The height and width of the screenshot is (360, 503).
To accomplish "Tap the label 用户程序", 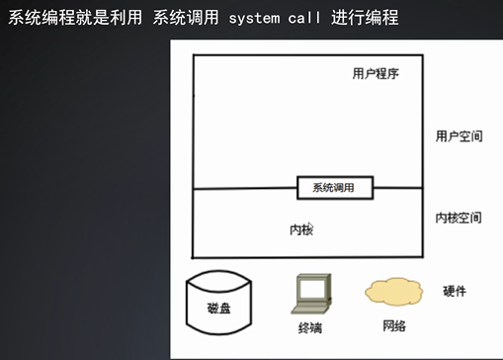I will (x=375, y=73).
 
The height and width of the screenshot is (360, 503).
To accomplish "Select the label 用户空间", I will (x=459, y=135).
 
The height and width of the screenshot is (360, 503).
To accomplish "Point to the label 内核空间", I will (x=459, y=216).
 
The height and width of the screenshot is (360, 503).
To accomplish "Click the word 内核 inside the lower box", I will (x=301, y=228).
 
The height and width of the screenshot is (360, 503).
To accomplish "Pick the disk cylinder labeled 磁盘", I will (x=219, y=304).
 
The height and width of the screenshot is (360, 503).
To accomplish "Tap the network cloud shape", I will (x=393, y=292).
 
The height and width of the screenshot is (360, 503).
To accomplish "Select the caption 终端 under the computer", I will (x=309, y=327).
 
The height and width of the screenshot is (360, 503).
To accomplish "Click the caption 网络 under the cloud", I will (x=392, y=325).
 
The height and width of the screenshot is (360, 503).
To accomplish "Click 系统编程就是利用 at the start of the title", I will (x=72, y=18).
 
